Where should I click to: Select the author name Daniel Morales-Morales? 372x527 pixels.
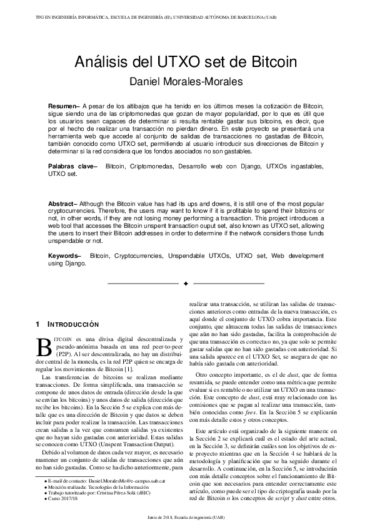pyautogui.click(x=186, y=81)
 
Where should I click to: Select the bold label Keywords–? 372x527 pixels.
pyautogui.click(x=65, y=256)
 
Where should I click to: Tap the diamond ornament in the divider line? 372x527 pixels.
pyautogui.click(x=186, y=284)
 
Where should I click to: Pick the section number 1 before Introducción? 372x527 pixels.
pyautogui.click(x=38, y=325)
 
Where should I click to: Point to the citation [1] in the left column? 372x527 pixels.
pyautogui.click(x=127, y=369)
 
